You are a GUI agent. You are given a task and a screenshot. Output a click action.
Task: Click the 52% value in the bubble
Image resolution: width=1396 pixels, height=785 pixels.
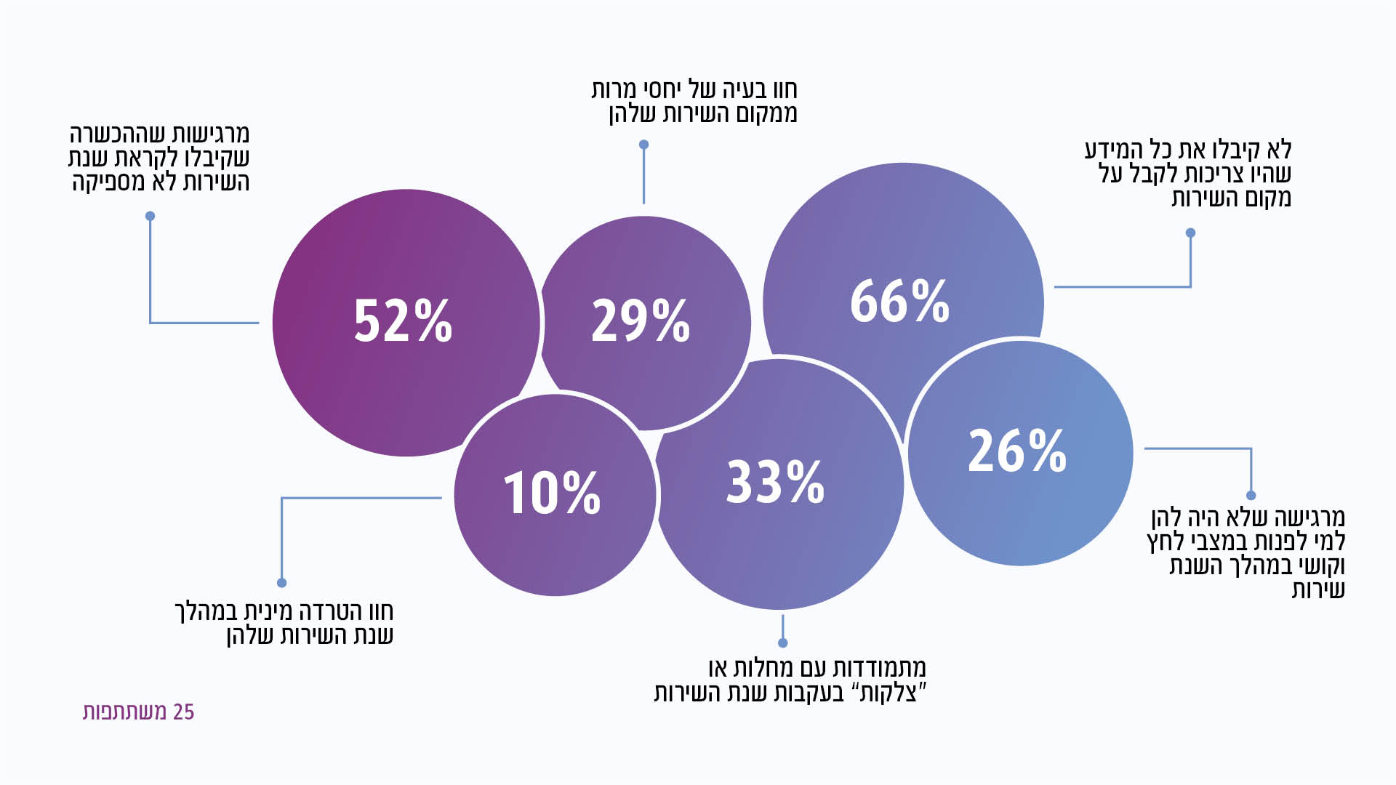tap(403, 321)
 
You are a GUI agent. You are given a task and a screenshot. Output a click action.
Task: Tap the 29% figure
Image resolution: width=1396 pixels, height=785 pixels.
tap(641, 321)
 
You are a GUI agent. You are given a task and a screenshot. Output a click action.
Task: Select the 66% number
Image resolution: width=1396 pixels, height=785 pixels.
tap(899, 301)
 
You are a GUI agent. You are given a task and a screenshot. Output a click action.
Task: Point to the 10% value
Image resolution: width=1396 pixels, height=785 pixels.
tap(552, 493)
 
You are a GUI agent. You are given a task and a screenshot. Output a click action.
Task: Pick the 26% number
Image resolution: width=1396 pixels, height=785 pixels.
tap(1016, 451)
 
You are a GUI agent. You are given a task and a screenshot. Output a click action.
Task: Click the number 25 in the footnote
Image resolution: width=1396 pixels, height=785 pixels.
tap(184, 712)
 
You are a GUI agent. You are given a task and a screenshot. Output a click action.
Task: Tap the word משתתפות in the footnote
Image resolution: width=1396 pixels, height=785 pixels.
tap(125, 712)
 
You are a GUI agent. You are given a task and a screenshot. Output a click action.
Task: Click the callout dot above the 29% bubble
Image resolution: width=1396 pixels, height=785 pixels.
tap(643, 145)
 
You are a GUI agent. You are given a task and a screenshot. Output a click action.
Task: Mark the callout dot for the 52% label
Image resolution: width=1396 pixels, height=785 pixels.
tap(150, 216)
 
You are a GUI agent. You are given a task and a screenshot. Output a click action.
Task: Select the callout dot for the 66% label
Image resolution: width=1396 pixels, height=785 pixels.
tap(1190, 233)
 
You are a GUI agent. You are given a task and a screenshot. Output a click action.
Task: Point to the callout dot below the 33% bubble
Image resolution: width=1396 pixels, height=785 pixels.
tap(782, 643)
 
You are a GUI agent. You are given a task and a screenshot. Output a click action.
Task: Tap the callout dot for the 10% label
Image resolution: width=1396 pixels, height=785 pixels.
tap(282, 582)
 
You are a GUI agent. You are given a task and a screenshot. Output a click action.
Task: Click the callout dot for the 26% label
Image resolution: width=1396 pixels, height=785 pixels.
tap(1251, 496)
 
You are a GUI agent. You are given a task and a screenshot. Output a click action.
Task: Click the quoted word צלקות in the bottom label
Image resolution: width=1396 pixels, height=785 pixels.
tap(888, 693)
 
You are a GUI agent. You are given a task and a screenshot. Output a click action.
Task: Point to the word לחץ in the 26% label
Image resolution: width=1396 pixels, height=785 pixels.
tap(1164, 542)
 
